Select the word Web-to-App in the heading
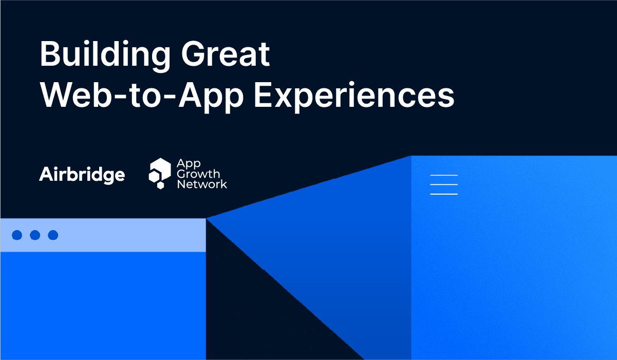point(142,96)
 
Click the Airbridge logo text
point(82,175)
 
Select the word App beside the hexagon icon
point(188,164)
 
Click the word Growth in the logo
point(198,174)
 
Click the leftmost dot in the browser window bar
point(17,235)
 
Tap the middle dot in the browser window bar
point(35,235)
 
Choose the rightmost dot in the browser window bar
point(53,235)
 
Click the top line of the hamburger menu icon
point(444,175)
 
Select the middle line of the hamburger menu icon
point(444,184)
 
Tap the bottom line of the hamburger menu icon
point(444,194)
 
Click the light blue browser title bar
point(128,235)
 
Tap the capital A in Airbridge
point(46,175)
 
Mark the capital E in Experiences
point(264,96)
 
